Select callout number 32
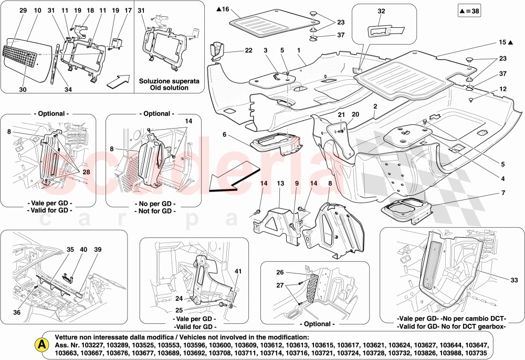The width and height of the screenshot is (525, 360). pos(381,10)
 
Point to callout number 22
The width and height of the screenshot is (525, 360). pos(248,50)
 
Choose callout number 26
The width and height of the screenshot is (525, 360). pos(280,272)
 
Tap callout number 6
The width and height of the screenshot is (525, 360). pos(224,135)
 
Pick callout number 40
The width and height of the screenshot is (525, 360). pos(84,250)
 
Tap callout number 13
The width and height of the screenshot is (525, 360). pos(280,184)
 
